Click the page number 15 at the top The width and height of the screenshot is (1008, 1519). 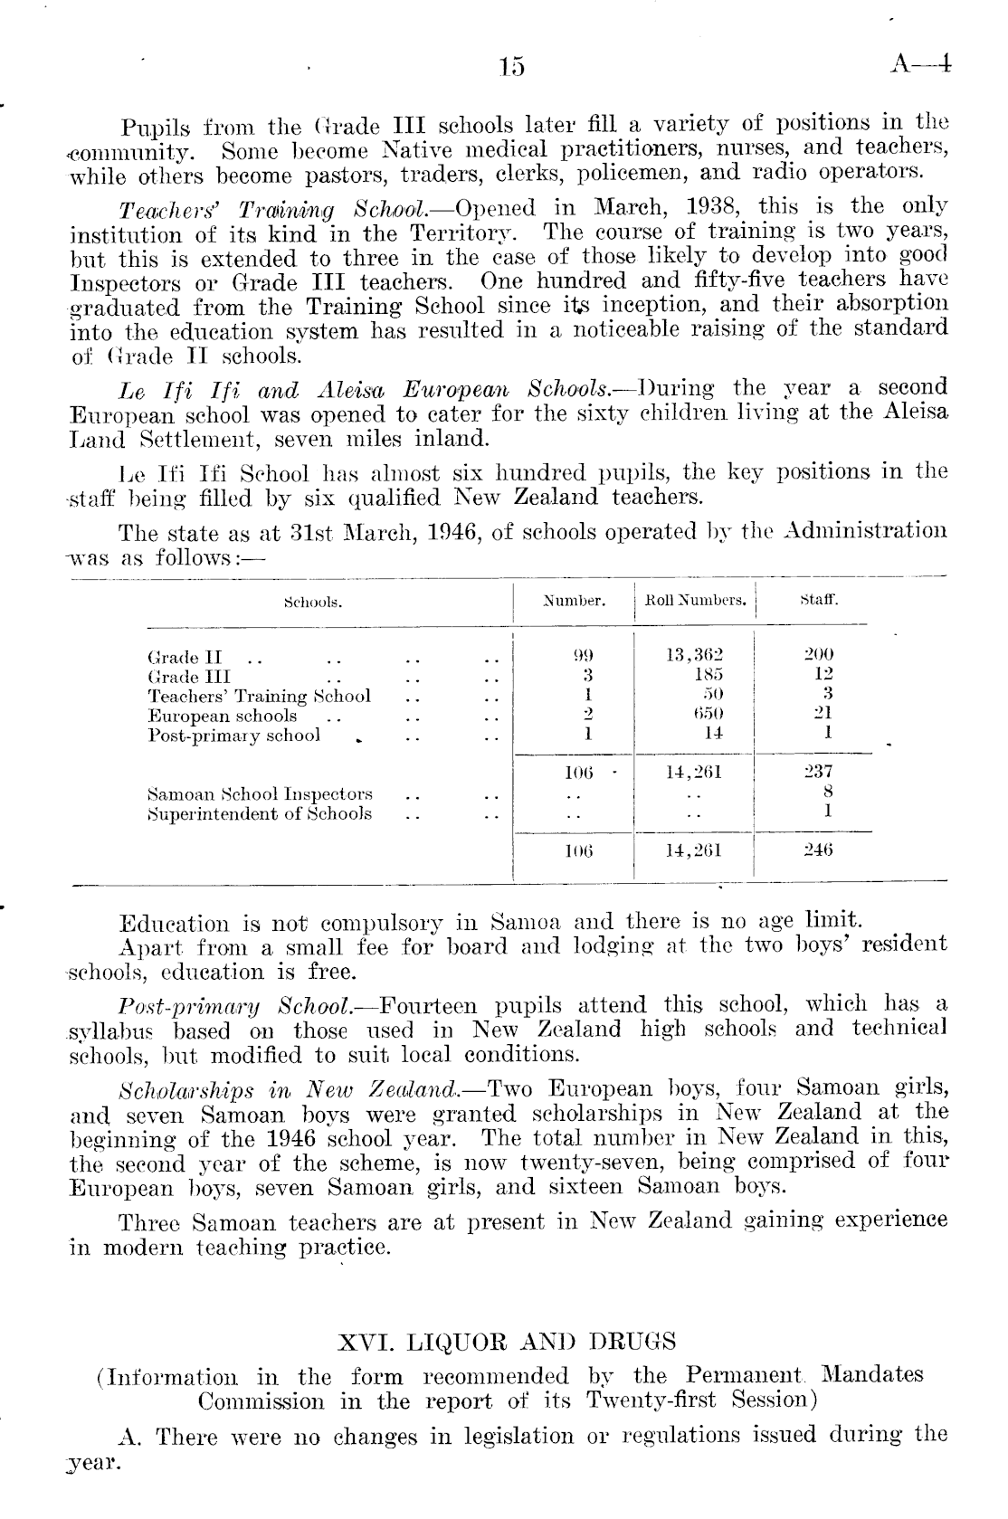511,67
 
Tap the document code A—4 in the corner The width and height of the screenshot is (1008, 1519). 921,63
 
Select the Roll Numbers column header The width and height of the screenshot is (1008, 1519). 695,600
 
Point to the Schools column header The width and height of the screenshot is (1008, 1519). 312,602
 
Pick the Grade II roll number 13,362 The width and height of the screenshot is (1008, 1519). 695,655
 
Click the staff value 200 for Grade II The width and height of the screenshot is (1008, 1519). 819,655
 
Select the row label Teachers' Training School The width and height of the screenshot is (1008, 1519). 259,696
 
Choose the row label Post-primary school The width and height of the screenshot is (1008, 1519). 233,736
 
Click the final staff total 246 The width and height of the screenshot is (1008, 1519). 819,850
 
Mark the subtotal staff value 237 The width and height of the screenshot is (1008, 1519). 819,772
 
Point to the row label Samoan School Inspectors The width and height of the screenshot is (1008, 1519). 260,794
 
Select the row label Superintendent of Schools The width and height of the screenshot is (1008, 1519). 260,813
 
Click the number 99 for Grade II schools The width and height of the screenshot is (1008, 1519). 586,655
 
